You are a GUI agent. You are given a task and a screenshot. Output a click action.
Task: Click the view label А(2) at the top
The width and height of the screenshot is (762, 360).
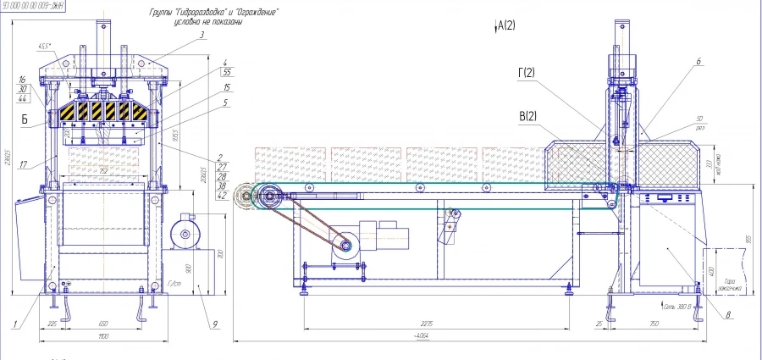505,25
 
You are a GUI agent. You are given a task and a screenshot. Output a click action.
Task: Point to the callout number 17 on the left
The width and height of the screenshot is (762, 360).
23,164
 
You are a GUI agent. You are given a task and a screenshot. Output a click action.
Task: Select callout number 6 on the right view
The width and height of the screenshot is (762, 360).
698,62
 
